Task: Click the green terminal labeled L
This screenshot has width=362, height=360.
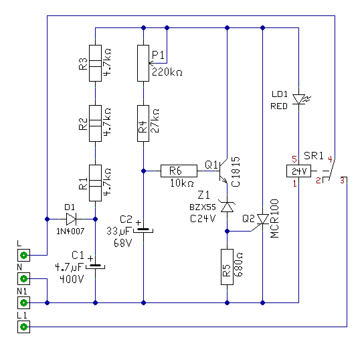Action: tap(24, 255)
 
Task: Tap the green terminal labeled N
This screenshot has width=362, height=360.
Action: tap(24, 279)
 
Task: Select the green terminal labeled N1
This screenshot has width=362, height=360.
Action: tap(24, 302)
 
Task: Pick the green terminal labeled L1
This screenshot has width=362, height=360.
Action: tap(24, 327)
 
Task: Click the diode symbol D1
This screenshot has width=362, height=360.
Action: tap(71, 219)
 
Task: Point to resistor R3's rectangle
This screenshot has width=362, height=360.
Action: tap(95, 63)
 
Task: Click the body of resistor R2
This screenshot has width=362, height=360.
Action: tap(95, 123)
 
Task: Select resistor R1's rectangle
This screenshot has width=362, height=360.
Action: tap(95, 183)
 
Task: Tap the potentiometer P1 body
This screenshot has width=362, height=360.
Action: tap(143, 63)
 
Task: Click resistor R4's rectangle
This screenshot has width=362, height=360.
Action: tap(143, 123)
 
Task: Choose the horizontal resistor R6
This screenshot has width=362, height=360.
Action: tap(179, 171)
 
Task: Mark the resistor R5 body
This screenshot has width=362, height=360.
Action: tap(228, 267)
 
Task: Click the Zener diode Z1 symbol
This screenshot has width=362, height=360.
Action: tap(228, 207)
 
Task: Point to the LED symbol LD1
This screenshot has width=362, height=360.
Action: tap(299, 99)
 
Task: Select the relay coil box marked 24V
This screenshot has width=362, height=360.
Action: tap(298, 171)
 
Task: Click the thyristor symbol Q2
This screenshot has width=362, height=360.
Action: tap(262, 221)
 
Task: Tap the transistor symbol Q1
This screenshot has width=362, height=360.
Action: tap(223, 171)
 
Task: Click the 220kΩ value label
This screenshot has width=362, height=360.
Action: tap(167, 72)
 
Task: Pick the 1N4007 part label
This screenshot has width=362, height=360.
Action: tap(70, 231)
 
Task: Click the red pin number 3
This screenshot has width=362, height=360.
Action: tap(342, 181)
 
